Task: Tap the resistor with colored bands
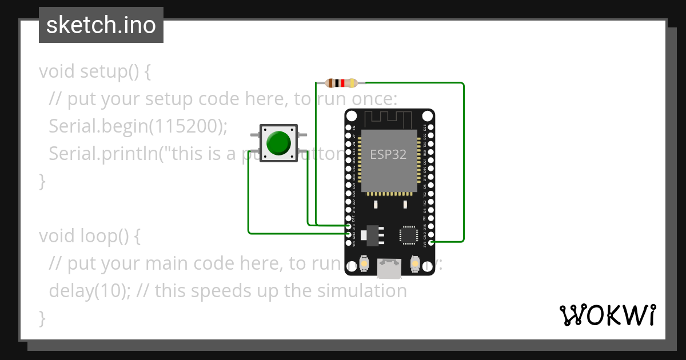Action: pos(341,83)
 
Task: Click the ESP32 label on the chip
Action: pos(388,154)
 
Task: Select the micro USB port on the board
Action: pos(389,269)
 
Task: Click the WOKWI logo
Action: pos(607,315)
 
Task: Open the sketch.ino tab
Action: pos(101,25)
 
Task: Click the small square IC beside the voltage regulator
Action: pos(409,235)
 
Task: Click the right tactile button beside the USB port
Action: pos(414,264)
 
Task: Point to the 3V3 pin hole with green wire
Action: pos(431,242)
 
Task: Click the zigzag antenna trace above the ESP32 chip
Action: pos(389,119)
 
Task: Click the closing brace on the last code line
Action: pos(42,318)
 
